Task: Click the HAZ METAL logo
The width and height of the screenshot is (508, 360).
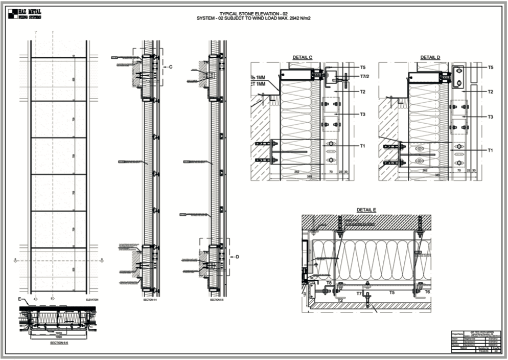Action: point(25,14)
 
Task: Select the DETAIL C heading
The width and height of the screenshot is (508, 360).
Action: point(303,58)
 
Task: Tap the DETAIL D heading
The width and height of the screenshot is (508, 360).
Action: point(430,58)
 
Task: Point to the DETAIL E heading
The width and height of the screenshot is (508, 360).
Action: point(366,210)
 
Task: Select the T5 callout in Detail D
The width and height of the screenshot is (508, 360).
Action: point(490,67)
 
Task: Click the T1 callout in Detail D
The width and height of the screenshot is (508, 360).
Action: point(490,150)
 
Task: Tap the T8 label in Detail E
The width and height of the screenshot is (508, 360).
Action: point(329,282)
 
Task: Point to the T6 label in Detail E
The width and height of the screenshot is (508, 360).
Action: point(427,291)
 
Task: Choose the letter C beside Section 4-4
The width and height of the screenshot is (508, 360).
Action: point(171,67)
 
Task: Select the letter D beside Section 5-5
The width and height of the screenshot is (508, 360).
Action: point(237,257)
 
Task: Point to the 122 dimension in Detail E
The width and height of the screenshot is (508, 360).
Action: point(304,295)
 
